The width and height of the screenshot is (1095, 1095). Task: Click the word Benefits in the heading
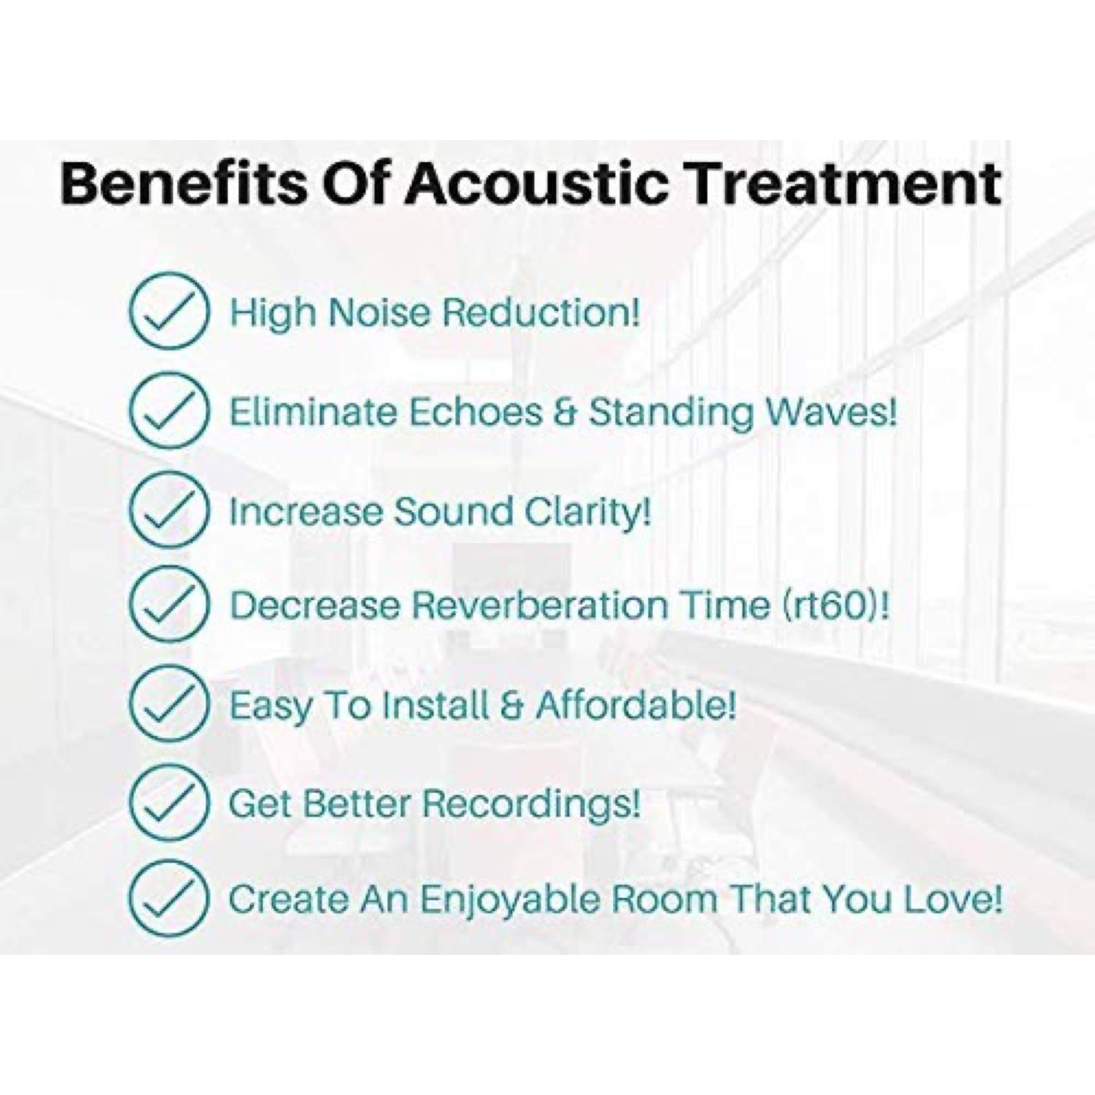(181, 184)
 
